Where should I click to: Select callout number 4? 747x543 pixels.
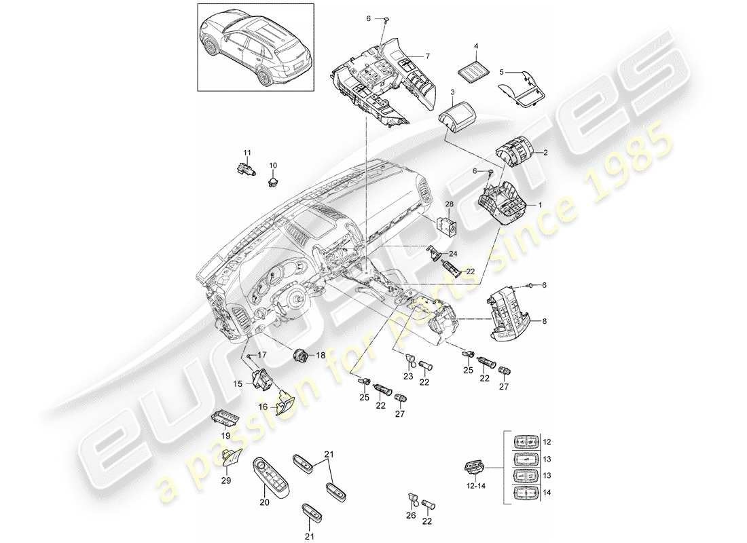pyautogui.click(x=476, y=45)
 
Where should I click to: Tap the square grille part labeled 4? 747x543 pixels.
pyautogui.click(x=475, y=68)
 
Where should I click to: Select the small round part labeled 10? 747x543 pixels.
pyautogui.click(x=274, y=180)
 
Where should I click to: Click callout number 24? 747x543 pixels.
pyautogui.click(x=454, y=255)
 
